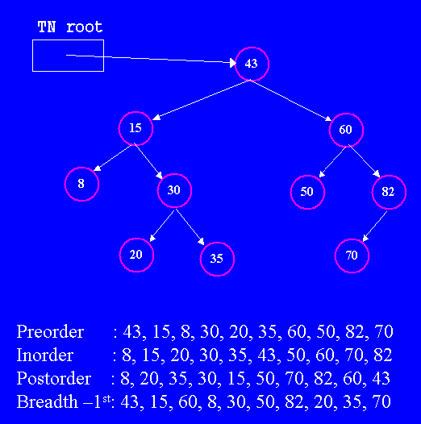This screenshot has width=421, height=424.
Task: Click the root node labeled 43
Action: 252,64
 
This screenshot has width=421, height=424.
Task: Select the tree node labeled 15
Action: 135,128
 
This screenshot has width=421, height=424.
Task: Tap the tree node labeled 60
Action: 346,130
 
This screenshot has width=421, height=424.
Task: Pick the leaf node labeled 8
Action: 81,184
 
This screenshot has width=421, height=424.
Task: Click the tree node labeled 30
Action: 174,190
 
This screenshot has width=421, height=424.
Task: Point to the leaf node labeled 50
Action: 307,193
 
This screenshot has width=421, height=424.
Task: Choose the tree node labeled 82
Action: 389,193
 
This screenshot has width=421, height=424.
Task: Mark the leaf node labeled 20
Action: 136,255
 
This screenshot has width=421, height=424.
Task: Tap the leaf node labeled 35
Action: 217,259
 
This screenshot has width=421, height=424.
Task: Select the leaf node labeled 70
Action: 352,256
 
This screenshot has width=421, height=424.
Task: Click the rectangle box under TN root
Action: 68,40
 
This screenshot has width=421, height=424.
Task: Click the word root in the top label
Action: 85,27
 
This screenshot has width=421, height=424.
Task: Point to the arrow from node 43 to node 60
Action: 291,100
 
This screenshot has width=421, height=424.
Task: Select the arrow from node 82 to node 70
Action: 375,227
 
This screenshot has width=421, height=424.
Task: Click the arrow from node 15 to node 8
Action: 112,158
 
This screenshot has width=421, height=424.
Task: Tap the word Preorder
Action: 50,331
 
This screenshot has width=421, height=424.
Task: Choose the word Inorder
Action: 45,355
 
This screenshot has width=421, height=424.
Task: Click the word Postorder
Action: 54,378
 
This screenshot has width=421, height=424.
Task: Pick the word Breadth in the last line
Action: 48,401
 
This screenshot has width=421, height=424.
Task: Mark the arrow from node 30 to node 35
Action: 190,227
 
